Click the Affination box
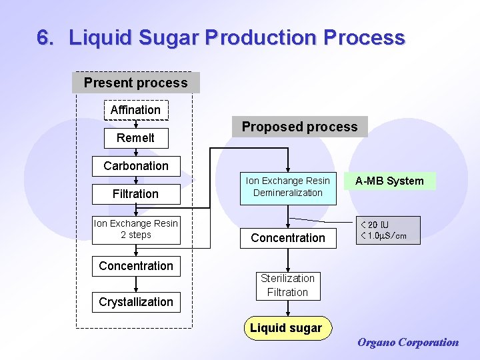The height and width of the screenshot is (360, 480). coord(135,109)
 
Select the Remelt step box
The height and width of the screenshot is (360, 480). coord(135,138)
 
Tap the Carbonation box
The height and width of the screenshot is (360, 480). coord(136,166)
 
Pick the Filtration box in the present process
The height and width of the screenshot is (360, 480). coord(135,194)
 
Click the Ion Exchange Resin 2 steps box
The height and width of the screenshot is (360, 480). coord(136,229)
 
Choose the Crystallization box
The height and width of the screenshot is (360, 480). coord(136,302)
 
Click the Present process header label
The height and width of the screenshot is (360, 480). coord(135,83)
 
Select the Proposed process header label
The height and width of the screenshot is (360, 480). coord(299,127)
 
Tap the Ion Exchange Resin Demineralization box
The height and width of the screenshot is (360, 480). coord(288,187)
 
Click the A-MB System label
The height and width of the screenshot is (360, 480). coord(389,181)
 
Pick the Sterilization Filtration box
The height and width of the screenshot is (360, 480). coord(288,285)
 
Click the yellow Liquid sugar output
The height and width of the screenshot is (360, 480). coord(286,328)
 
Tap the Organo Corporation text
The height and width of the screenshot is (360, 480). coord(408,343)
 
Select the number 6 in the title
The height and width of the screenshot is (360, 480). coord(44,38)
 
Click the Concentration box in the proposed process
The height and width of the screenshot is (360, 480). coord(288,238)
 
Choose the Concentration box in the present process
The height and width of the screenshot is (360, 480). coord(136,266)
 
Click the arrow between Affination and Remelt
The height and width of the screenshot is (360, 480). coord(136,123)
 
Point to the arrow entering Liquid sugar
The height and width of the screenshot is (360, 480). coord(288,309)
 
